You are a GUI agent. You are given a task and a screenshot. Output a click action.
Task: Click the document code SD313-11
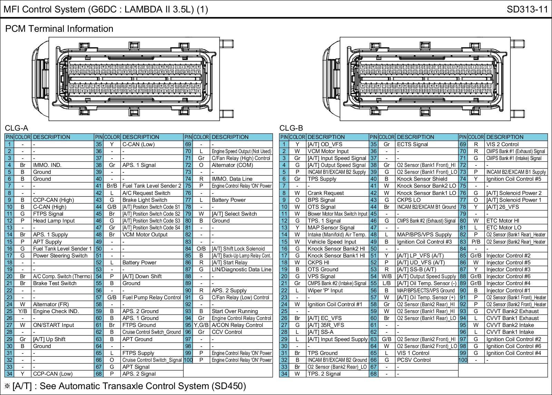(527, 9)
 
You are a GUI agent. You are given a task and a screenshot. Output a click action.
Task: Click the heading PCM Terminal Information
(59, 29)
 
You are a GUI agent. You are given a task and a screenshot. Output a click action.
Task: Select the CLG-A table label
(16, 129)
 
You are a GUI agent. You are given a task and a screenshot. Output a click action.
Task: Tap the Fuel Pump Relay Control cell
(151, 298)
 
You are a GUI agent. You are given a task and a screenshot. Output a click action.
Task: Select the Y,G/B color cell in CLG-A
(201, 325)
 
